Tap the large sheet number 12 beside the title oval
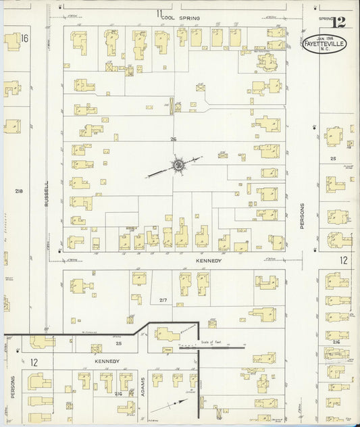click(x=339, y=22)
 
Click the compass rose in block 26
click(x=178, y=164)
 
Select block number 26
click(x=173, y=139)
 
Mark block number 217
click(x=163, y=299)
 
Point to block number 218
click(x=18, y=192)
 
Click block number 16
click(x=24, y=38)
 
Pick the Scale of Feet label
click(x=211, y=343)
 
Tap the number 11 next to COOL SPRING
click(x=159, y=14)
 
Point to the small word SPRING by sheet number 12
click(x=327, y=19)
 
